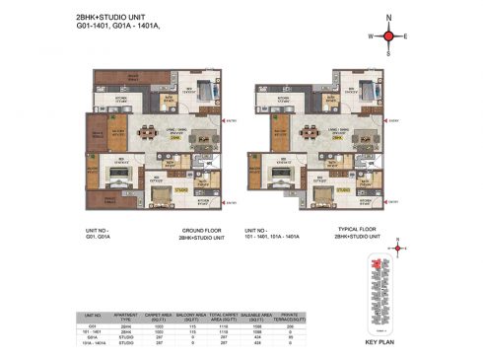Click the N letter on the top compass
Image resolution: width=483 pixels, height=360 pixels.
pyautogui.click(x=389, y=18)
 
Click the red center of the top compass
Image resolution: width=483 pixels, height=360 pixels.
pyautogui.click(x=389, y=36)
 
